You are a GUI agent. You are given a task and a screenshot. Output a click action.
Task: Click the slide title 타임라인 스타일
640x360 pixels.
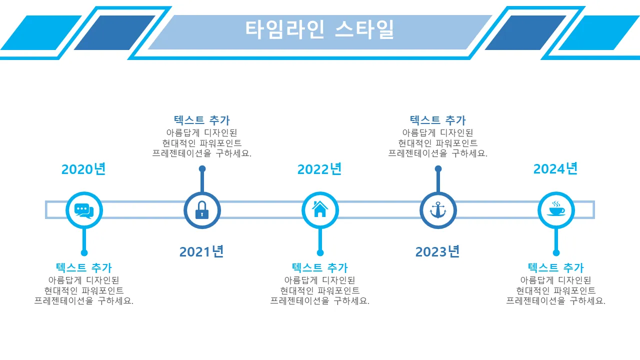[x=319, y=29]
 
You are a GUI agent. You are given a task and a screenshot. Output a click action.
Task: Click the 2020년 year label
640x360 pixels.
[x=83, y=169]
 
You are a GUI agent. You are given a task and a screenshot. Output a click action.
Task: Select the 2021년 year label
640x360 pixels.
[x=201, y=251]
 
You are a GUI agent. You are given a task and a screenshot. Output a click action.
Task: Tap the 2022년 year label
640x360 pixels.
[x=319, y=169]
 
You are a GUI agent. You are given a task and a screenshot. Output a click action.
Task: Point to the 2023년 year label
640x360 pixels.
[x=437, y=251]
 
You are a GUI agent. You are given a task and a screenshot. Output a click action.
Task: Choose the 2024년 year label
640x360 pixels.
[x=555, y=169]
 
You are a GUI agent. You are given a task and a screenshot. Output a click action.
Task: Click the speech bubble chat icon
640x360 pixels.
[x=84, y=210]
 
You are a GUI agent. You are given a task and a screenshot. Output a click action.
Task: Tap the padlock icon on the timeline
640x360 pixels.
[x=202, y=210]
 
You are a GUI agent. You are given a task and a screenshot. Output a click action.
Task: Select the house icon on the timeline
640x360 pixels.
[x=320, y=210]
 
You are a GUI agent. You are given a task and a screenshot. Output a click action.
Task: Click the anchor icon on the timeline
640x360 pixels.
[x=438, y=210]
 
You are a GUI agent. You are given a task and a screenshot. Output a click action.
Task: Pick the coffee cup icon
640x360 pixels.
[x=556, y=210]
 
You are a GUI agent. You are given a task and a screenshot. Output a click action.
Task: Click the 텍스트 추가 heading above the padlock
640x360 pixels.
[x=202, y=120]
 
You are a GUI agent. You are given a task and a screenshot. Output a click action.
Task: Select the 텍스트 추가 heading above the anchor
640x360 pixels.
[x=438, y=120]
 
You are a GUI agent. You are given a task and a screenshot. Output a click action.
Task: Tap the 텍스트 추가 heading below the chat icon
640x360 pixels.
[x=84, y=268]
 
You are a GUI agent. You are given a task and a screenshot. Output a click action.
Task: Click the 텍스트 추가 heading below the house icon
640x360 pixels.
[x=320, y=268]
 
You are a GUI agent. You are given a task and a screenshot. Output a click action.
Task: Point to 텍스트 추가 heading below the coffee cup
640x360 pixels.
[x=556, y=268]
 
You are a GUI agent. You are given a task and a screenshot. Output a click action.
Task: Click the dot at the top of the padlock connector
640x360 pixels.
[x=202, y=169]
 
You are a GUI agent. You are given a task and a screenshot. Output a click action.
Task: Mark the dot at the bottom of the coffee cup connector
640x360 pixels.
[x=556, y=253]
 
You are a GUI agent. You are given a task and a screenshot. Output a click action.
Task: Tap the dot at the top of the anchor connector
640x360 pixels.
[x=438, y=169]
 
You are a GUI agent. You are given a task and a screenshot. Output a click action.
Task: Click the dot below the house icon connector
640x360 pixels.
[x=320, y=253]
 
